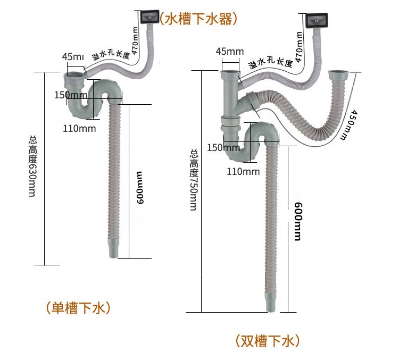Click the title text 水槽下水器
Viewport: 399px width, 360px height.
pyautogui.click(x=198, y=19)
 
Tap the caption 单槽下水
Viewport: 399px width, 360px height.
pyautogui.click(x=78, y=308)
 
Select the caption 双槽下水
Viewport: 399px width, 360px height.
pyautogui.click(x=268, y=340)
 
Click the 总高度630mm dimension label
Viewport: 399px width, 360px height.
pyautogui.click(x=32, y=166)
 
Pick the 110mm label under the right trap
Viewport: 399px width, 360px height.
pyautogui.click(x=243, y=171)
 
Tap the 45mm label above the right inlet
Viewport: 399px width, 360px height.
pyautogui.click(x=230, y=52)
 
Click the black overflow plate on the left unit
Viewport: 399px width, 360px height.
pyautogui.click(x=149, y=16)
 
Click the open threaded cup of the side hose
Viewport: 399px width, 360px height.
pyautogui.click(x=338, y=77)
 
